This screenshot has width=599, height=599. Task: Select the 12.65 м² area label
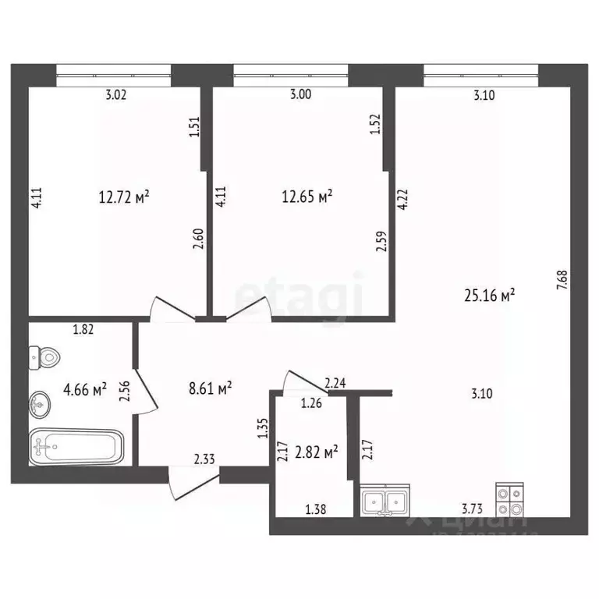point(307,197)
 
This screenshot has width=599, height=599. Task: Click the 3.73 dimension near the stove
point(470,509)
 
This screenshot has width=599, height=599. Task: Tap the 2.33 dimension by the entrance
point(205,461)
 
